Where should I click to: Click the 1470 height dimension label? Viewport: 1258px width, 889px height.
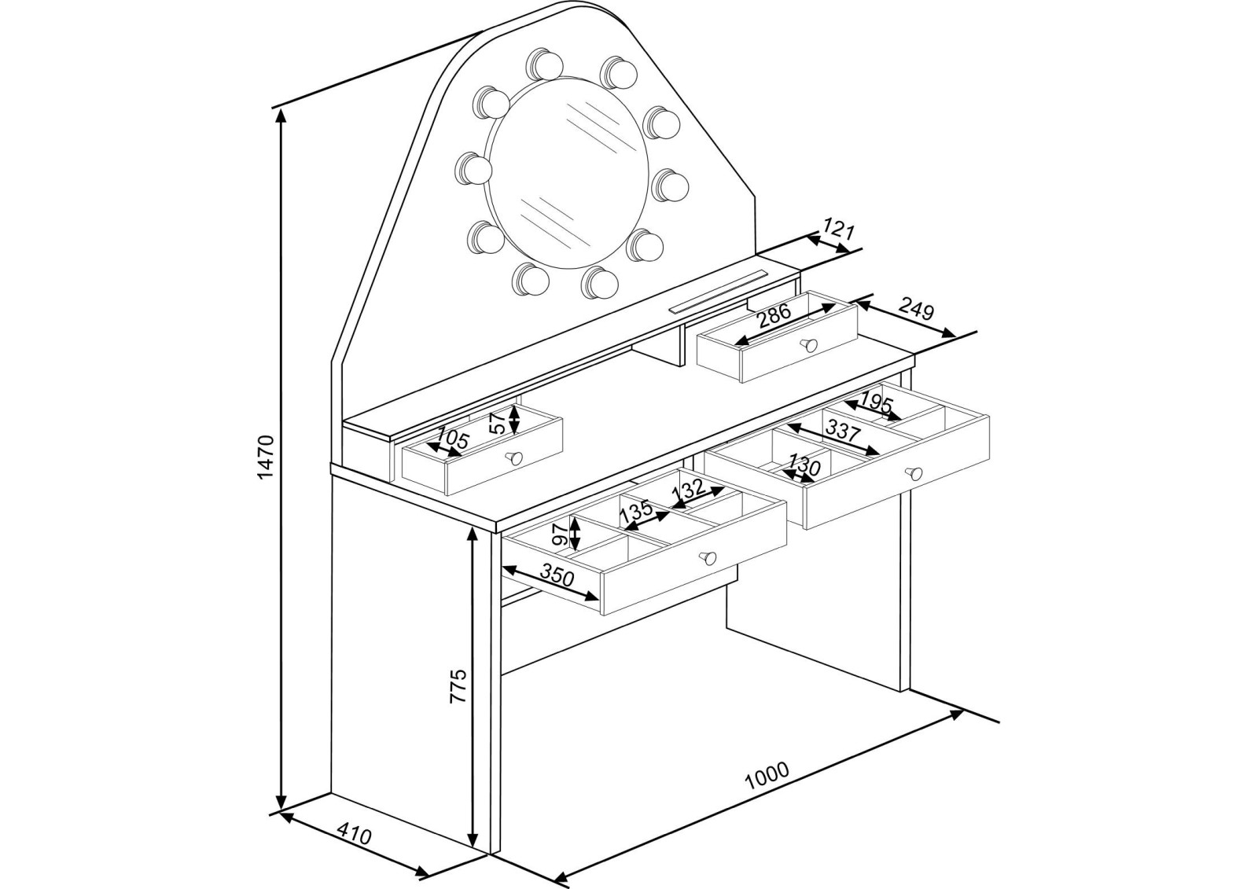[x=265, y=457]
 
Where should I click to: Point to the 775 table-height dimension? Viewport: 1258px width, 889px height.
[x=458, y=685]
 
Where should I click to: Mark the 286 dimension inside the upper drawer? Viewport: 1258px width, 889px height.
[x=774, y=318]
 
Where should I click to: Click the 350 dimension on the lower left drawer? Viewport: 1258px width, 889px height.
[x=557, y=577]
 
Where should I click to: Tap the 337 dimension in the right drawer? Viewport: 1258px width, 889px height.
[x=843, y=432]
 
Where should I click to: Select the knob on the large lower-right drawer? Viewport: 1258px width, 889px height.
[x=913, y=473]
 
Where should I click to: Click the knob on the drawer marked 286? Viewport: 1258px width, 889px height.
[x=808, y=343]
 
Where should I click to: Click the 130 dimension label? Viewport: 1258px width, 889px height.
[x=804, y=466]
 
